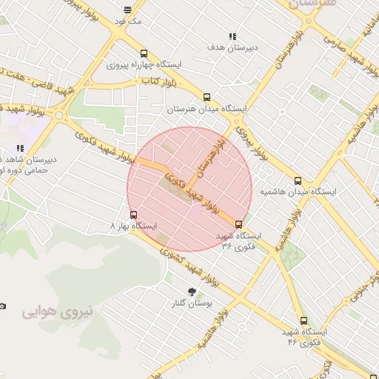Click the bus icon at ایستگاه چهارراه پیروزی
tap(144, 53)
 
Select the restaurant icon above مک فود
tap(128, 10)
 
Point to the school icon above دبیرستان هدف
tap(232, 36)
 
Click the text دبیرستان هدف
tap(232, 47)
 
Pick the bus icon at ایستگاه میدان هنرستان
tap(206, 97)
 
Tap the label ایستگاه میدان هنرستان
tap(206, 109)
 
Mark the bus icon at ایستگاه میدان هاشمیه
tap(298, 180)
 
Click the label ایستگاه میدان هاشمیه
tap(298, 192)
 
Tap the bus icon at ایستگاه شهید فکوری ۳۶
tap(238, 224)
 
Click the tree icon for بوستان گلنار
tap(192, 291)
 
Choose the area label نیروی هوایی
tap(58, 311)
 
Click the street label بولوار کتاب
tap(158, 81)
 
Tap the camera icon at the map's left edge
tap(2, 306)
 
